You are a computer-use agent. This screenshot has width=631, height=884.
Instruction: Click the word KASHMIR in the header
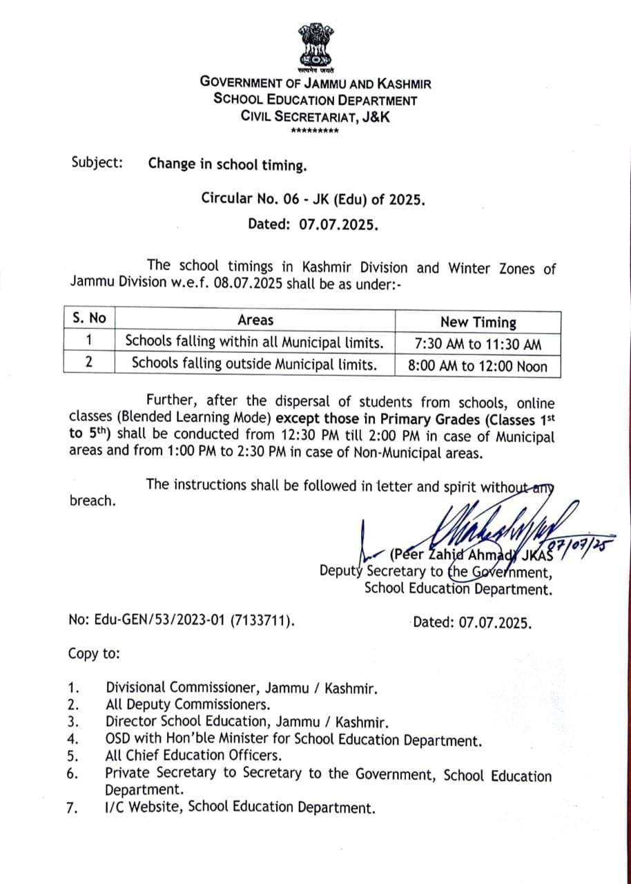[x=400, y=83]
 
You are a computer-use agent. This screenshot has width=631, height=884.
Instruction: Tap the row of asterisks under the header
[x=315, y=131]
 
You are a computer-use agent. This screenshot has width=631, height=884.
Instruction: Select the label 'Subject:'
[x=97, y=164]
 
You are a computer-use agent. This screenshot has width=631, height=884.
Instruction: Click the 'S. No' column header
[x=90, y=319]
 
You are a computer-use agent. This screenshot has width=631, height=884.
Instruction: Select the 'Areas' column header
[x=255, y=320]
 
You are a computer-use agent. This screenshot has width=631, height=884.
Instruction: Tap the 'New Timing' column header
[x=478, y=322]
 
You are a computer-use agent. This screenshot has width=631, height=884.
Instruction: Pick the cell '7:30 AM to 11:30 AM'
[x=478, y=344]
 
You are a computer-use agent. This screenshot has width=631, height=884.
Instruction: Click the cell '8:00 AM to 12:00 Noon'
[x=478, y=366]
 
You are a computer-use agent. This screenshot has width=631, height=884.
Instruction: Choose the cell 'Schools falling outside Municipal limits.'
[x=255, y=364]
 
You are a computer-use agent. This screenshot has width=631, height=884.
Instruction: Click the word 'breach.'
[x=93, y=501]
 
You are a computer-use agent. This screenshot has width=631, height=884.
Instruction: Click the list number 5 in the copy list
[x=72, y=756]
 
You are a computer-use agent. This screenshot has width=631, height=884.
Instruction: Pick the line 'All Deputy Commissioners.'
[x=187, y=704]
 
